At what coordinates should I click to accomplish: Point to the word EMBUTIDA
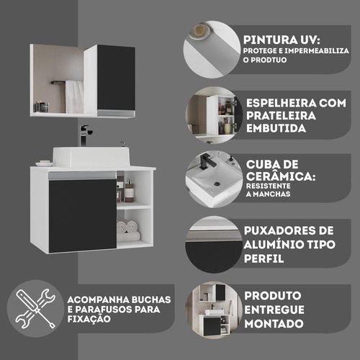[276, 128]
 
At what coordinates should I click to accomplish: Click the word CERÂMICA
[281, 176]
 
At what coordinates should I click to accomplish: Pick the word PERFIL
[264, 258]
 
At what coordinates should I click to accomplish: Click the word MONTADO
[274, 323]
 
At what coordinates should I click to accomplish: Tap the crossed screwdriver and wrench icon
[35, 309]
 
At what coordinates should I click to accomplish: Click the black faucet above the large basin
[85, 135]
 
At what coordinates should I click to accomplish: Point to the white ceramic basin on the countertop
[91, 157]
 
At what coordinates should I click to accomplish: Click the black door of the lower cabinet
[83, 216]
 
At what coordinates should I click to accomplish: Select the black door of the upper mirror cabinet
[116, 78]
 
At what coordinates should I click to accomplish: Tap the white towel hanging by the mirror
[75, 96]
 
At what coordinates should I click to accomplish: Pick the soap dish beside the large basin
[45, 163]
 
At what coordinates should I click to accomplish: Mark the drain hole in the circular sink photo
[217, 184]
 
